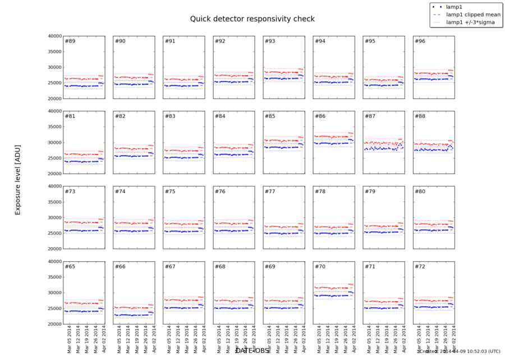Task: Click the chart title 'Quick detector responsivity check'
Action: (252, 19)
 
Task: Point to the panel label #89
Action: (70, 42)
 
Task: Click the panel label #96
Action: (420, 42)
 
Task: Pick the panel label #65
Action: (70, 267)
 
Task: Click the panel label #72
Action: (420, 267)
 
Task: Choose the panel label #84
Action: (220, 117)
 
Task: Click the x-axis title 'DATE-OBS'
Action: (252, 351)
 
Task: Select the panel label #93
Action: (270, 42)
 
